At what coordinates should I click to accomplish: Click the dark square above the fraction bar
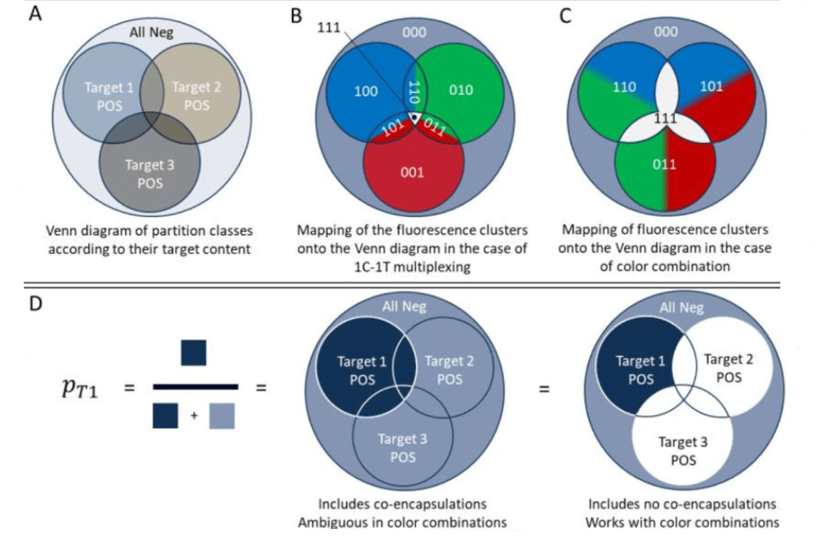pos(193,354)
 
